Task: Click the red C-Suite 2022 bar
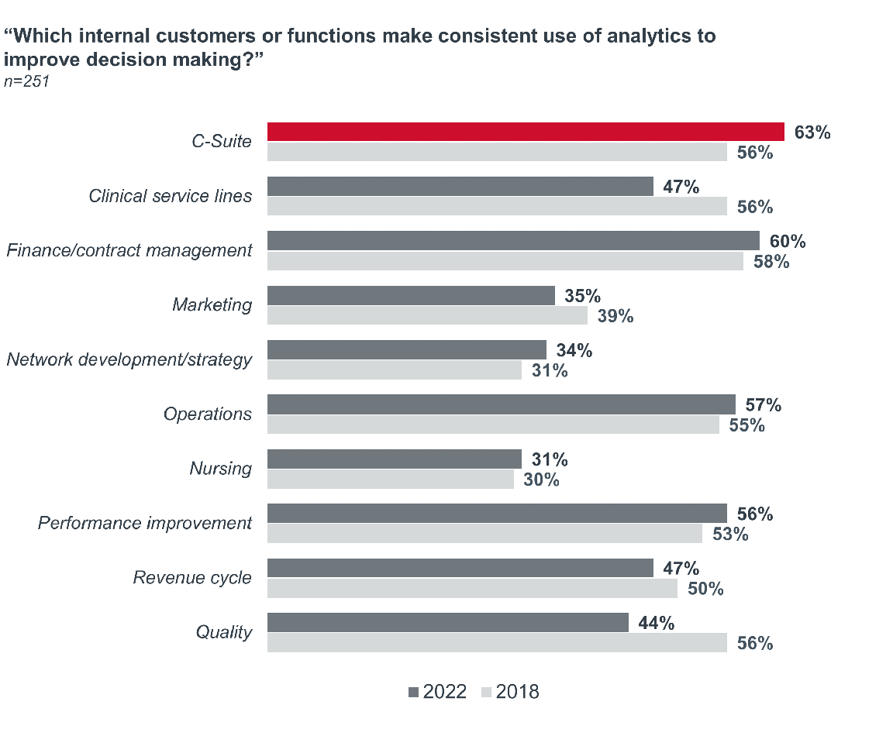(x=526, y=132)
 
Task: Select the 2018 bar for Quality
(x=497, y=642)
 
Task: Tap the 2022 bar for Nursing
(x=395, y=459)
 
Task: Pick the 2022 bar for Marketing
(x=411, y=296)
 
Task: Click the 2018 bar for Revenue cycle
(x=472, y=588)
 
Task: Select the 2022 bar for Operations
(x=501, y=404)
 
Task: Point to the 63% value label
(x=812, y=132)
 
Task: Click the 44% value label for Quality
(x=656, y=622)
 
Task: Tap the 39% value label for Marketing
(x=615, y=316)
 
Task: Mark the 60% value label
(x=787, y=242)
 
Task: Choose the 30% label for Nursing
(x=541, y=480)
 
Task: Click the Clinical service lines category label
(x=171, y=196)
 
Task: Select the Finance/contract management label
(x=129, y=250)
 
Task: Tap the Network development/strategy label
(x=129, y=359)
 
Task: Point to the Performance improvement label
(x=145, y=523)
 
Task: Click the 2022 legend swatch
(x=412, y=692)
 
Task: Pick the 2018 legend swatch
(x=486, y=692)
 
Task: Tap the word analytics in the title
(x=597, y=36)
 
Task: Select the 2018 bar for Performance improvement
(x=484, y=533)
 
